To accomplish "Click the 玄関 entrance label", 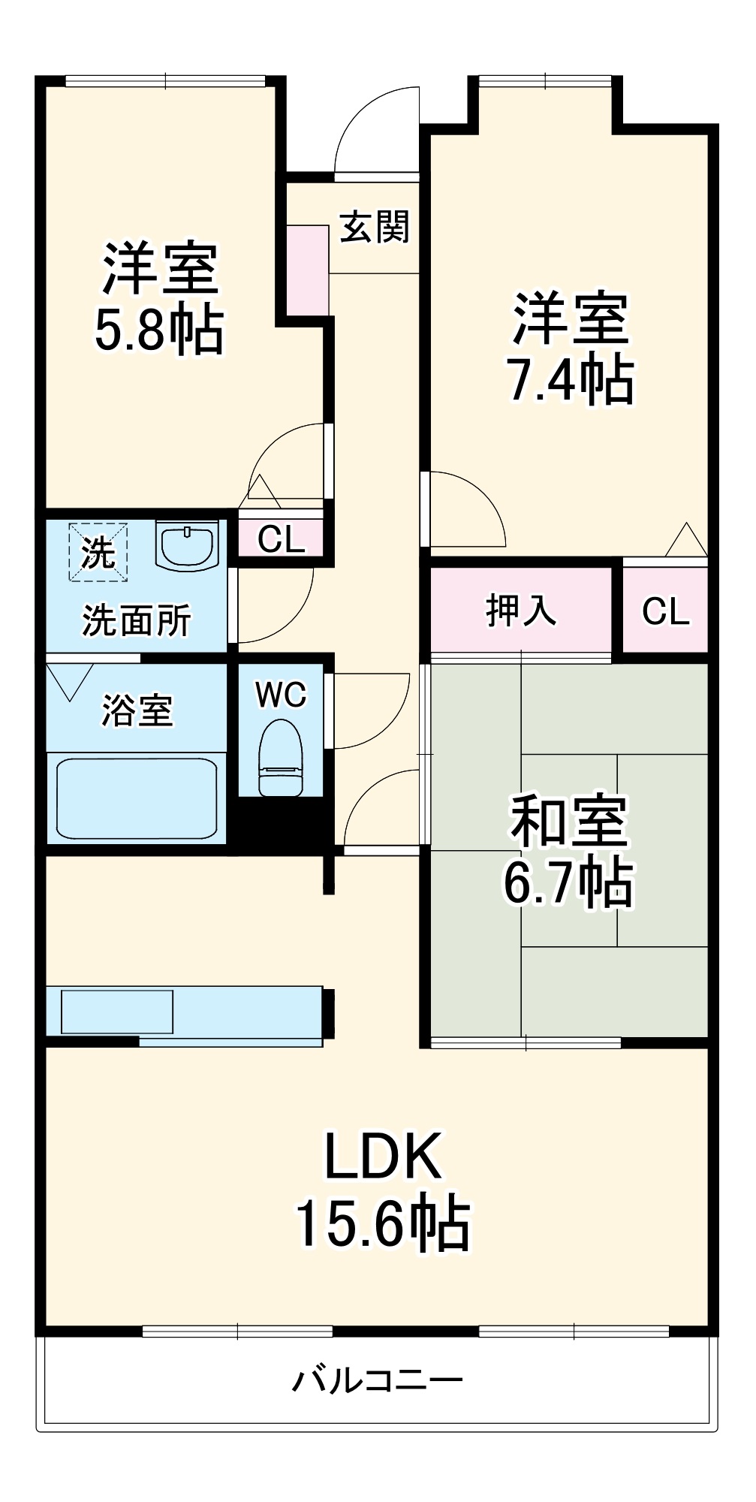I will pos(375,226).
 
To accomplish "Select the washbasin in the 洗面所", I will pos(187,546).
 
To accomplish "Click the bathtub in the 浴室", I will pos(135,798).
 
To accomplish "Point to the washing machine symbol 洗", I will pos(98,553).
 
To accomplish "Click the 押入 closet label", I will pos(520,610).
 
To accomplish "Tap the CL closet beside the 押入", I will pos(665,611).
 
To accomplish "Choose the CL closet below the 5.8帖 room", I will pos(281,538).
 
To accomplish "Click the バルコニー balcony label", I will pos(377,1380).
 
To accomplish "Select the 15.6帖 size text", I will pos(382,1225).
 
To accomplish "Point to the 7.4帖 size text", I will pos(570,381).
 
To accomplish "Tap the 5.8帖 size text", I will pos(159,330).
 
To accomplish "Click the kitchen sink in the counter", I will pos(117,1011).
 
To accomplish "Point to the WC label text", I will pos(280,695).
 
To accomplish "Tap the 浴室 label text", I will pos(137,710).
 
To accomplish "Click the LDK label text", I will pos(382,1157).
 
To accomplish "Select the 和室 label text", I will pos(568,820).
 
